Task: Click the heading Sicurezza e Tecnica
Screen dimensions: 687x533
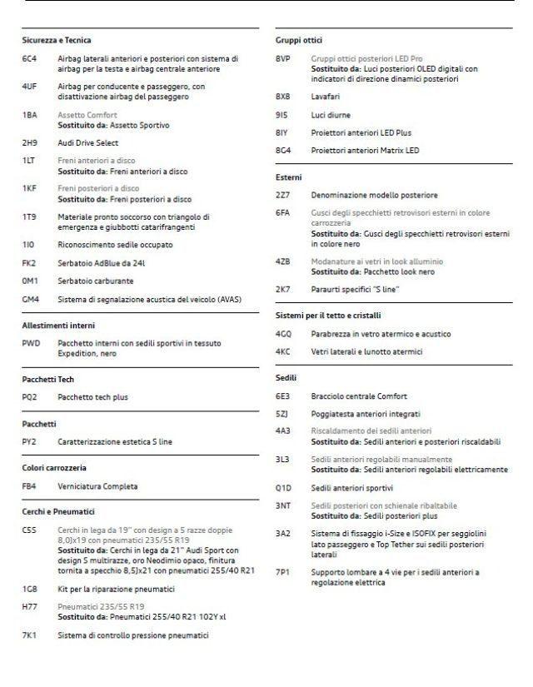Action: point(57,40)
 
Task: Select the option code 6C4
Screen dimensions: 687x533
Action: point(29,59)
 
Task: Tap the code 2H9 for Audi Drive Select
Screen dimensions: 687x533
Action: point(29,142)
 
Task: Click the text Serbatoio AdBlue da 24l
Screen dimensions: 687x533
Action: point(101,263)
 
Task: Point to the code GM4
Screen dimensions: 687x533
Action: point(30,298)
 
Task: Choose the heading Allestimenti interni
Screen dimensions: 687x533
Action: point(58,325)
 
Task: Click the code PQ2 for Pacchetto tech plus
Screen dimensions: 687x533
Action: point(30,397)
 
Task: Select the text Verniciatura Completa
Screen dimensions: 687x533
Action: point(97,486)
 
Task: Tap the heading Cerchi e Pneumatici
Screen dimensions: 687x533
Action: point(58,511)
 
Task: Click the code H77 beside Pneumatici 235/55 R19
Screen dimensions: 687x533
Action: point(29,607)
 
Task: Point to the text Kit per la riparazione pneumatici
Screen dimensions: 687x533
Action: point(116,590)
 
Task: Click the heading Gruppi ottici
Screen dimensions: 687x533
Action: point(299,40)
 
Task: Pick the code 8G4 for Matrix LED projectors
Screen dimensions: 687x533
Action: point(283,151)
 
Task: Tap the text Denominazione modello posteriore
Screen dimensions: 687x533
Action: point(374,195)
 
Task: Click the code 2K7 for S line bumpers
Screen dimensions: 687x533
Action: point(283,289)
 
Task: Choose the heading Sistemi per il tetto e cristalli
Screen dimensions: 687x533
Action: point(328,316)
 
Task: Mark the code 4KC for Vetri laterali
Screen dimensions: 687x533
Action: point(283,351)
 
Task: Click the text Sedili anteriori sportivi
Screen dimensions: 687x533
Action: point(351,488)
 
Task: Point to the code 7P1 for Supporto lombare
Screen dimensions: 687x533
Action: point(283,573)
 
